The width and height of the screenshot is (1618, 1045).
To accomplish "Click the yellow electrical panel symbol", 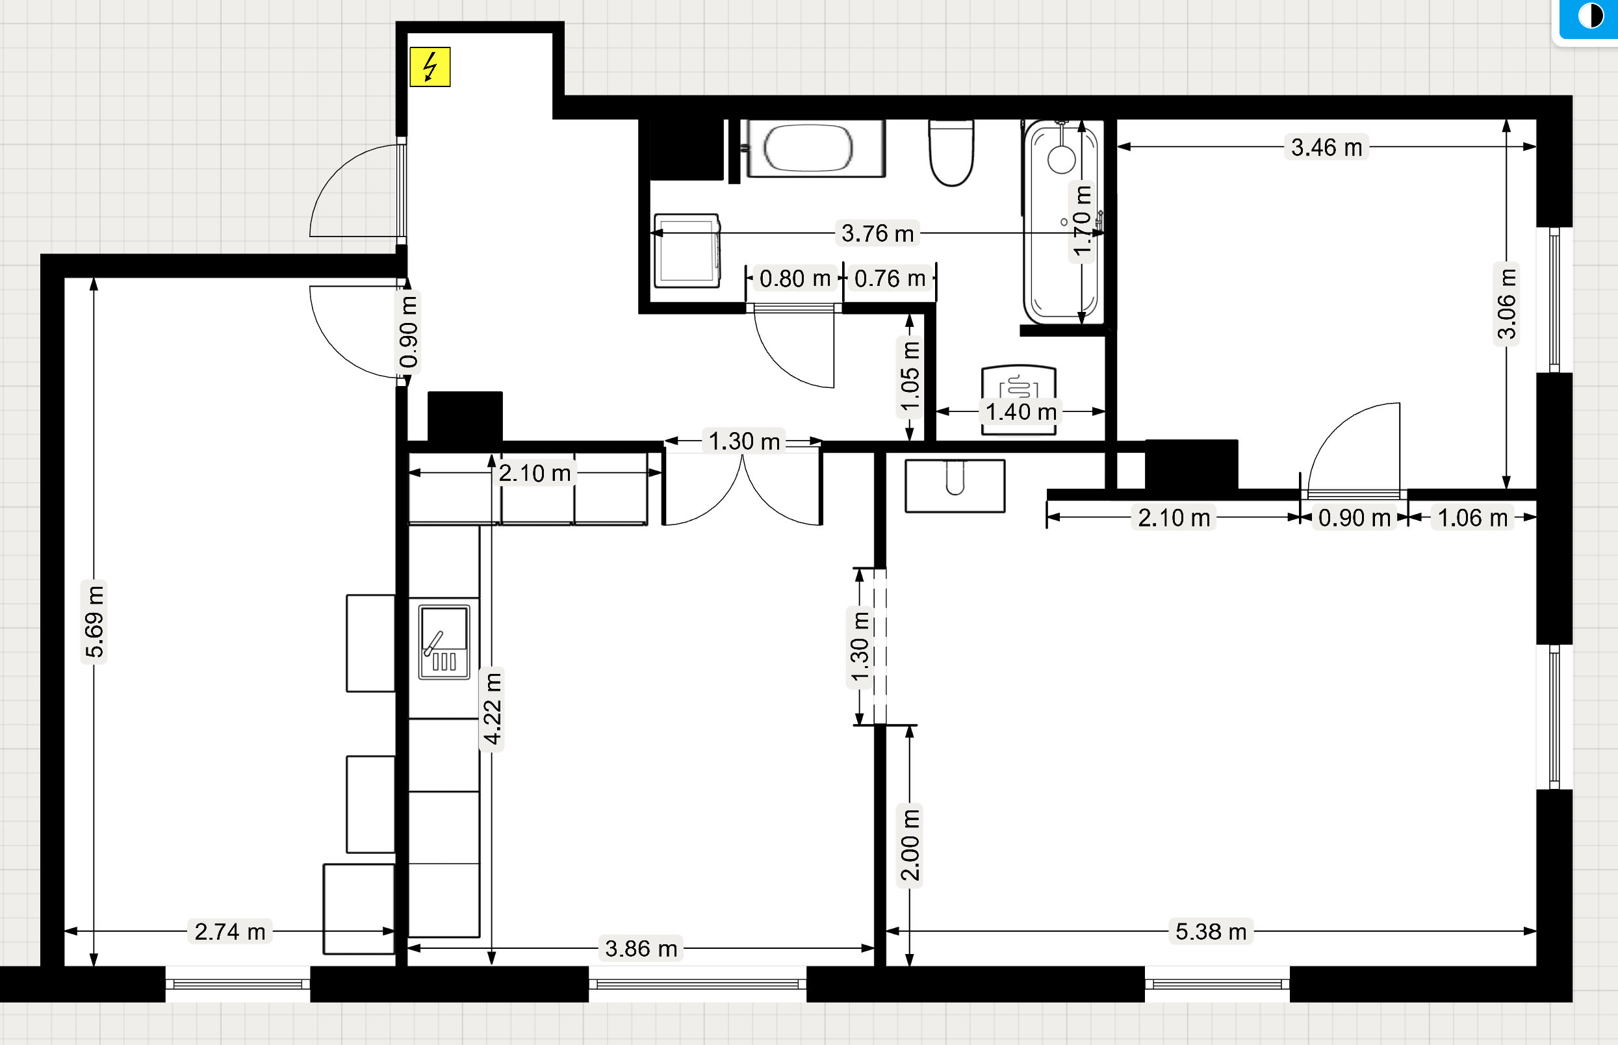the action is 430,67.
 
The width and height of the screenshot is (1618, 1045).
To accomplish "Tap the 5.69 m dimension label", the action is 94,621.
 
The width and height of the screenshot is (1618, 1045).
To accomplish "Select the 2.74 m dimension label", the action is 230,932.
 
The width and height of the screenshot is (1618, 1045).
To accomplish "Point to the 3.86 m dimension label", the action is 641,949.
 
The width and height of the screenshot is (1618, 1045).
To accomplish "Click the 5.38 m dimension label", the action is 1211,932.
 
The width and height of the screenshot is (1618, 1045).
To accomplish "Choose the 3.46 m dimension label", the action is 1326,148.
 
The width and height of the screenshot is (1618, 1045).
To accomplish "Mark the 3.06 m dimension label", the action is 1507,304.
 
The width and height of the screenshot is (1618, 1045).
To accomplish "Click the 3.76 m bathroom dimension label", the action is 877,233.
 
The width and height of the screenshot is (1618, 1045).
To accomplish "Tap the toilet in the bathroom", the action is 951,153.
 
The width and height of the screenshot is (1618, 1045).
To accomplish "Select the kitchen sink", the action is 444,642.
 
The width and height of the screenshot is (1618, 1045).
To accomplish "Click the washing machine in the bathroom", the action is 687,250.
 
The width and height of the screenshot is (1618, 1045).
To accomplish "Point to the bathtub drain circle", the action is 1061,160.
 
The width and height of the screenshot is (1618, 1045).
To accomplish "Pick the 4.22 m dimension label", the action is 492,708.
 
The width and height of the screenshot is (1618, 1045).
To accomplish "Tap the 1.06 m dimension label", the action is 1472,518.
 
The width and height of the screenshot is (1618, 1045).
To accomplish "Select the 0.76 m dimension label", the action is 890,279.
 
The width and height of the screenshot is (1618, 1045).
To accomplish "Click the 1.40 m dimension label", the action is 1020,412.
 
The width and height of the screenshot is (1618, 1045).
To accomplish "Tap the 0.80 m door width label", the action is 795,279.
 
